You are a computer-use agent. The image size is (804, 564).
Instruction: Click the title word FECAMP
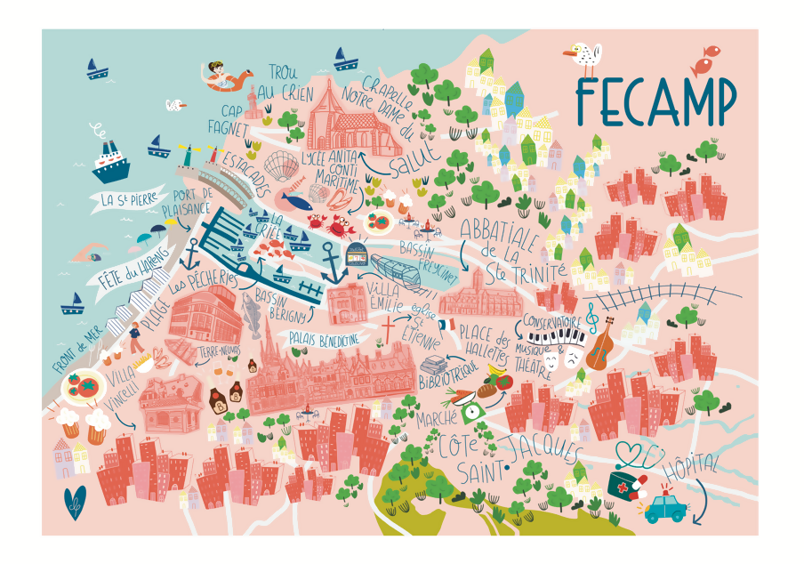point(655,101)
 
